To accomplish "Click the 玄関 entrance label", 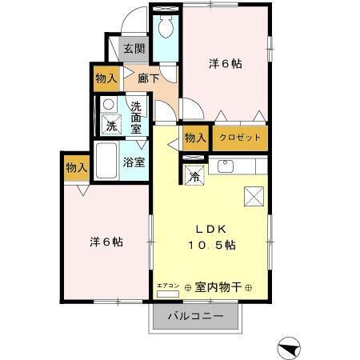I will [134, 49].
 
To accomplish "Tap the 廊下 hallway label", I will [147, 78].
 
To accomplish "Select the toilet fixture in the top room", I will [166, 27].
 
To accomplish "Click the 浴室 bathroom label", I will [134, 162].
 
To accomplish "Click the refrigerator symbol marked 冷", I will [195, 177].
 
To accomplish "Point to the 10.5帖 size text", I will [211, 244].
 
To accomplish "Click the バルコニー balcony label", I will [194, 316].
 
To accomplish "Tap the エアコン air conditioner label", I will [168, 285].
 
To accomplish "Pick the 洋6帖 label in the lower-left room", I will [105, 241].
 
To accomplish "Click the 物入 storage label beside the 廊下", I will [106, 78].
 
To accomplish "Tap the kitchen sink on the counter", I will [224, 166].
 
